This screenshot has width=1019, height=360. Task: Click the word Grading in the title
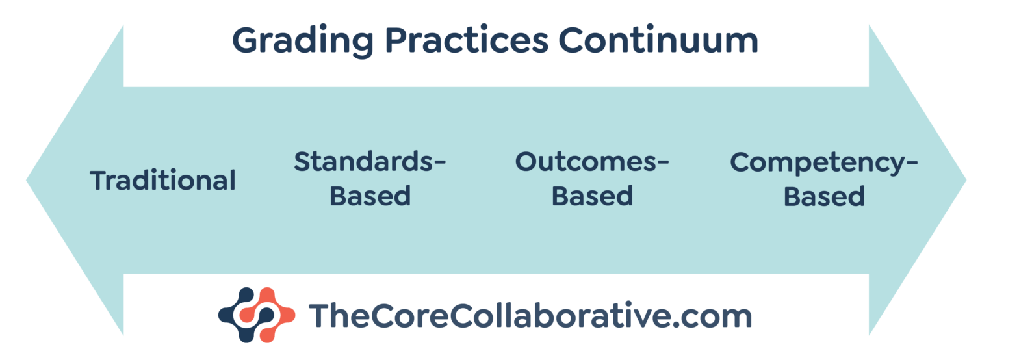tap(303, 42)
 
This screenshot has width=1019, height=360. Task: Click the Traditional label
tap(162, 180)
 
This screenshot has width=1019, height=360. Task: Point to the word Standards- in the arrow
tap(370, 161)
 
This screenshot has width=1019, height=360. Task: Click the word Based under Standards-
tap(370, 196)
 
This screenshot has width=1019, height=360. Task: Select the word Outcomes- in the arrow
tap(592, 161)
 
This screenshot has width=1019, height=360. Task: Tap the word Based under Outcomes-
tap(592, 196)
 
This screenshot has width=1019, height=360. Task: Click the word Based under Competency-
tap(824, 196)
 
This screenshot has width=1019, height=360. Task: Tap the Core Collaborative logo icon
tap(256, 315)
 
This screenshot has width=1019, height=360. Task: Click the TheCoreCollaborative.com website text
tap(530, 316)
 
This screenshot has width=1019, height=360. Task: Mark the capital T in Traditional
tap(98, 180)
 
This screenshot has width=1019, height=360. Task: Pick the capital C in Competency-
tap(739, 161)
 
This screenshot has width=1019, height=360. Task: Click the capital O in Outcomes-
tap(526, 161)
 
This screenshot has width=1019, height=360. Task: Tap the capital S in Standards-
tap(302, 161)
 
